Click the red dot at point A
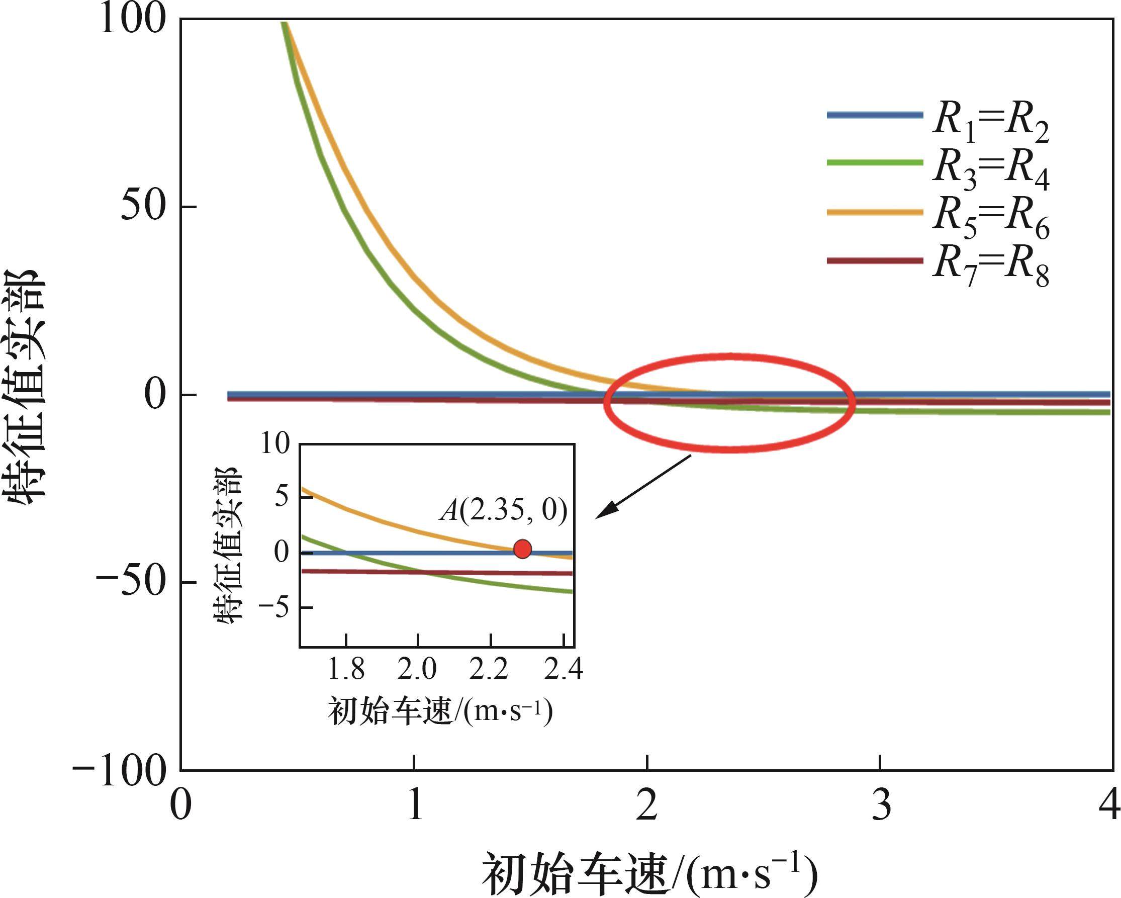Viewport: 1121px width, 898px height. click(x=522, y=549)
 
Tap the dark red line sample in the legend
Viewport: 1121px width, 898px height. click(x=875, y=260)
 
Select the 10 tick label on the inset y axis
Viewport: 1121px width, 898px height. click(x=274, y=444)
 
